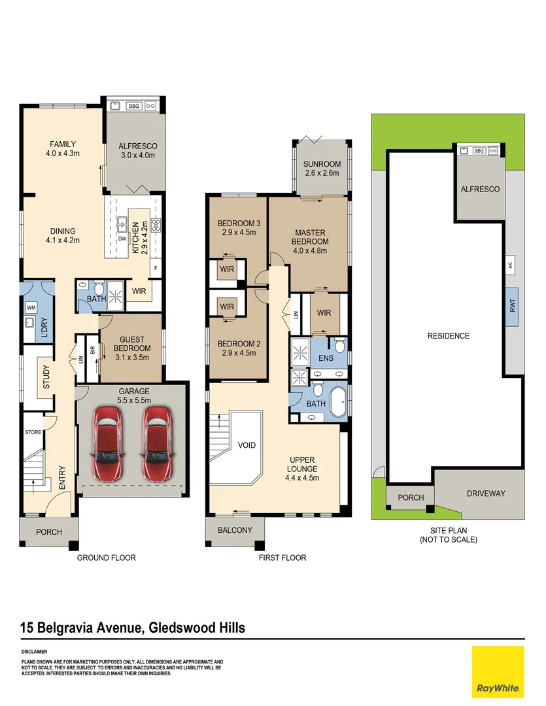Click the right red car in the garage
click(157, 436)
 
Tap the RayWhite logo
click(498, 671)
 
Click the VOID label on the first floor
click(247, 445)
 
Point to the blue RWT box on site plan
click(513, 307)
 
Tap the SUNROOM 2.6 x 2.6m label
click(322, 169)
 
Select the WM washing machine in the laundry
click(31, 307)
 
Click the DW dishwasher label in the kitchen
click(122, 239)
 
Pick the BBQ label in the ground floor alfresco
click(133, 105)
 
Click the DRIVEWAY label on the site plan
click(485, 494)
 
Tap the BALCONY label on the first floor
click(235, 530)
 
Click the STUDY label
click(46, 380)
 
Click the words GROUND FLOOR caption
click(107, 558)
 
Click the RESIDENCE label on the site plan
click(449, 336)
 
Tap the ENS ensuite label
click(325, 358)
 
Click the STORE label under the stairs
click(33, 431)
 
